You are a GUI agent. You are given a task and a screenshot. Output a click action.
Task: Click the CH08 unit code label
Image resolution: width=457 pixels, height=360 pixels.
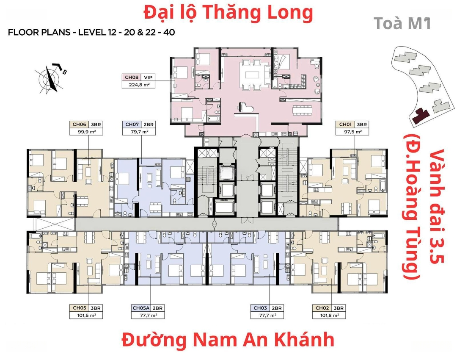[132, 78]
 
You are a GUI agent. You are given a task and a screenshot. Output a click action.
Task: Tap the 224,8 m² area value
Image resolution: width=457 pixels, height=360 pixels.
[139, 85]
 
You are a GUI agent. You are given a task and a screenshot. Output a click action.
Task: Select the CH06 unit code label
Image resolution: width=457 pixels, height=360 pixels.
[79, 125]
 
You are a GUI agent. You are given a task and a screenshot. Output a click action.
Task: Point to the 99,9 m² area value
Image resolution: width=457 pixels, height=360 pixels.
[87, 132]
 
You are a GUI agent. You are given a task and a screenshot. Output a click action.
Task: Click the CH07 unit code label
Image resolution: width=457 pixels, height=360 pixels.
[132, 125]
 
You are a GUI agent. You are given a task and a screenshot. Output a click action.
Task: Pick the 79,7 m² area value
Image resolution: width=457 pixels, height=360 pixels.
[139, 132]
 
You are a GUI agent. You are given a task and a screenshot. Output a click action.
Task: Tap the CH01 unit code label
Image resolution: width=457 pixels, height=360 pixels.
[345, 125]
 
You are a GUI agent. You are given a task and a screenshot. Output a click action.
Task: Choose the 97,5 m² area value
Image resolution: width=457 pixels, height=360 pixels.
[352, 132]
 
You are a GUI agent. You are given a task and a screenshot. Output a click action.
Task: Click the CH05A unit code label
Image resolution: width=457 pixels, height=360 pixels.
[141, 308]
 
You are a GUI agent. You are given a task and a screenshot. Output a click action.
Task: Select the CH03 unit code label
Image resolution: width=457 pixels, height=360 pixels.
[260, 308]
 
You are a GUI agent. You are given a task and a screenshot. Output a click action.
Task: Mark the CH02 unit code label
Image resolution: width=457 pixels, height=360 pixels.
[322, 308]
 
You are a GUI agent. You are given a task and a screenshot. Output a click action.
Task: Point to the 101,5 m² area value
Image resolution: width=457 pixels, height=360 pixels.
[86, 316]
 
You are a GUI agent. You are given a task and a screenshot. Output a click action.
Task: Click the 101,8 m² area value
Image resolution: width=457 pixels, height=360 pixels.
[329, 316]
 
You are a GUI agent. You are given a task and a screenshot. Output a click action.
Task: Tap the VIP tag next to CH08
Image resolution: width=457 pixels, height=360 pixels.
[148, 78]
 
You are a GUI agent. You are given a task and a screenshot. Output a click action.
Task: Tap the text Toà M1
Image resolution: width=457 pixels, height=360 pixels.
[402, 23]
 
